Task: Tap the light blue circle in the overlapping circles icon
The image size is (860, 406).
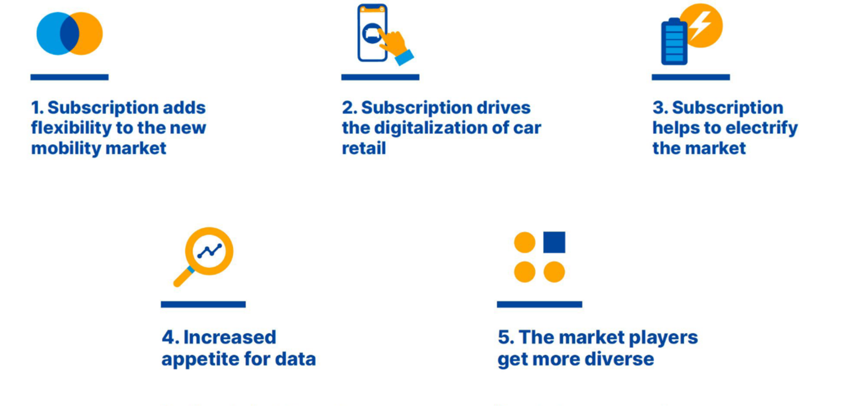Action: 48,34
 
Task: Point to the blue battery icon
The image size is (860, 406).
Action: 674,42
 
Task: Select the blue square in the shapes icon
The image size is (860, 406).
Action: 554,242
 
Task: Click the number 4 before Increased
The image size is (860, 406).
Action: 168,337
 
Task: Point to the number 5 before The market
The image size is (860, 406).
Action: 503,337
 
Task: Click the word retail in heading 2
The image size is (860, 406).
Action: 364,148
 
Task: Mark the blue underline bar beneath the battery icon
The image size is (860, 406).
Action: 690,77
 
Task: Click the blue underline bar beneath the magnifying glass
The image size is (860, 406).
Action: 203,304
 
